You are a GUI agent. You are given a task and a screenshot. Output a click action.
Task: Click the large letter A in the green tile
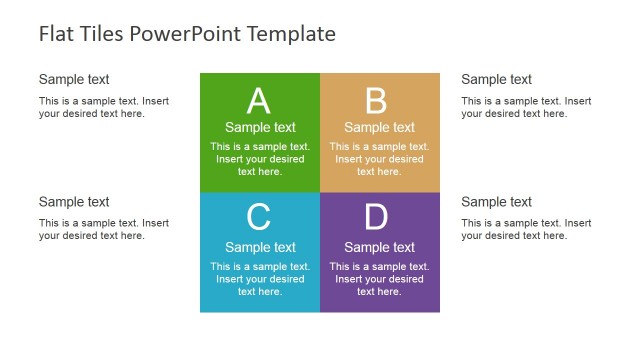(259, 101)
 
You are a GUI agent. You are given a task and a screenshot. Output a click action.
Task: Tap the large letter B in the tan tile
(376, 101)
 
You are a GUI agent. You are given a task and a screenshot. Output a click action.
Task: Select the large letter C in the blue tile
(259, 217)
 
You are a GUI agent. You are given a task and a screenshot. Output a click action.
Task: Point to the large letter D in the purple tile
(376, 217)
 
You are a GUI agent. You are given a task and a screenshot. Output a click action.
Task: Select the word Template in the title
(291, 34)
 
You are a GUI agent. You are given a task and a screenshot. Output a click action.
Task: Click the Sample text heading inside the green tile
(260, 127)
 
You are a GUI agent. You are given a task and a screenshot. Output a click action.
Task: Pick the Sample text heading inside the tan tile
(379, 127)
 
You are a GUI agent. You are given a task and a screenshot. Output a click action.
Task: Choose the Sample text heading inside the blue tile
(260, 247)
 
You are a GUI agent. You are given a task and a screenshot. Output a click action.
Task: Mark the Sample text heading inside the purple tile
(379, 247)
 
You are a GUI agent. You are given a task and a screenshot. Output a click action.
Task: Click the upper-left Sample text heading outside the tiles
(74, 79)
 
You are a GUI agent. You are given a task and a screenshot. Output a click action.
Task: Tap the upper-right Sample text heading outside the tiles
(496, 79)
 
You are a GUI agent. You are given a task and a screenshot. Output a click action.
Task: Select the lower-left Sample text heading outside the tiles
(74, 202)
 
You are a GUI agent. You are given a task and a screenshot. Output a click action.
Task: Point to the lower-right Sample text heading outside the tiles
(496, 202)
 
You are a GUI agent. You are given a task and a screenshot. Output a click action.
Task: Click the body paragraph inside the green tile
(260, 159)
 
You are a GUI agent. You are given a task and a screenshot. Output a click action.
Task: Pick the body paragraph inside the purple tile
(379, 279)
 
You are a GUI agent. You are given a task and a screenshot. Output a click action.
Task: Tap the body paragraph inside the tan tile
(379, 159)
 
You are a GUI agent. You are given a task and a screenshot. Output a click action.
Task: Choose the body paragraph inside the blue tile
(260, 279)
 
